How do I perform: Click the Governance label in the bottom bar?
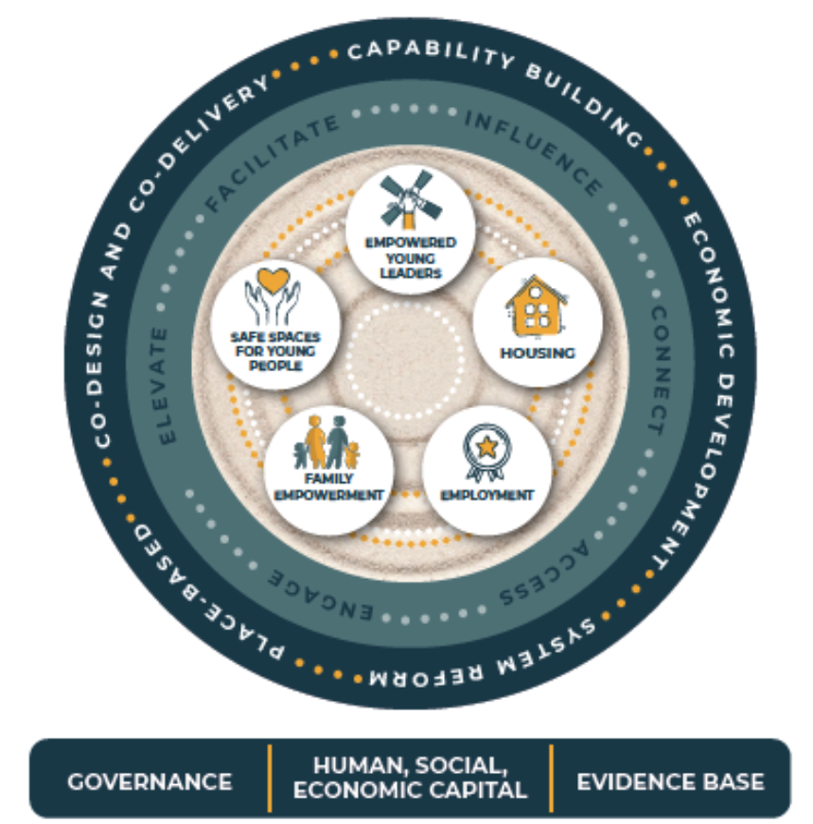coord(150,781)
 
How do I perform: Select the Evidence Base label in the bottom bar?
coord(670,781)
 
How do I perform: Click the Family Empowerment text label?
coord(328,486)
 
